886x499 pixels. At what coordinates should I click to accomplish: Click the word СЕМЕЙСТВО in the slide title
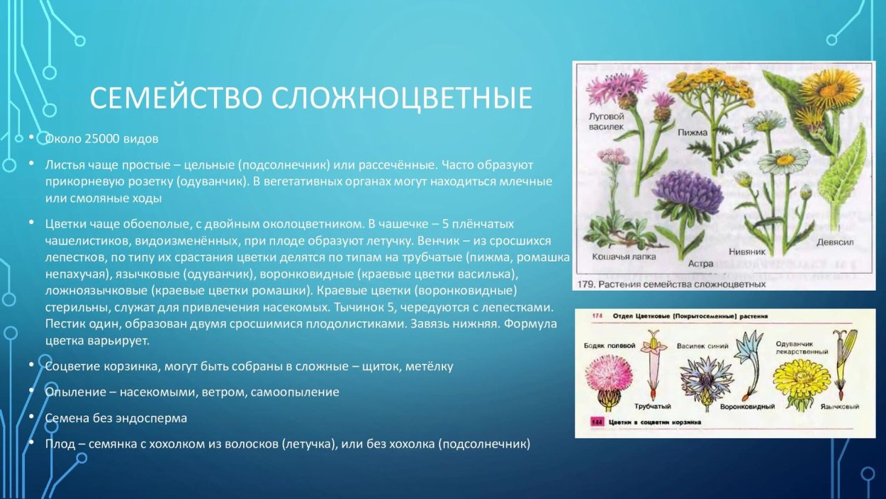coord(174,99)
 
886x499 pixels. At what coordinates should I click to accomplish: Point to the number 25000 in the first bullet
coord(102,138)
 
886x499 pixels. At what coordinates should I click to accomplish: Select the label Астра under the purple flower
coord(700,263)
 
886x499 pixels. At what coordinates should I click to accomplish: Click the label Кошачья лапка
coord(624,256)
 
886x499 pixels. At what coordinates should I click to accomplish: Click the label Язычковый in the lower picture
coord(841,407)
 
